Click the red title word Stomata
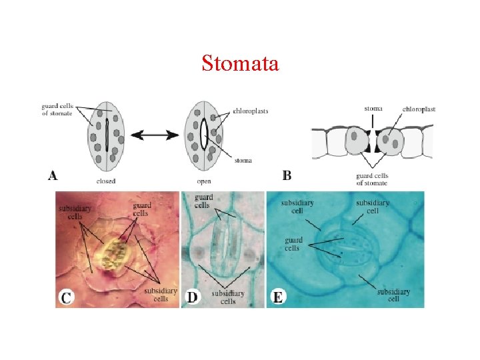[x=240, y=64]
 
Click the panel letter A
[x=53, y=176]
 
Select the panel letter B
[x=287, y=176]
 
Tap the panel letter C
[x=66, y=298]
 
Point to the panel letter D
[x=192, y=298]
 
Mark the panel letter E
[x=278, y=298]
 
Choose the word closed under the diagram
[x=106, y=181]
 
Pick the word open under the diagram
[x=204, y=181]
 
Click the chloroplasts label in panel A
[x=251, y=111]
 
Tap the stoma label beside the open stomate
[x=243, y=160]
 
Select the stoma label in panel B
[x=373, y=108]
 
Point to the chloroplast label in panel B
[x=419, y=108]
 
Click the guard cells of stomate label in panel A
[x=57, y=109]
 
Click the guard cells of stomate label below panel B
[x=372, y=179]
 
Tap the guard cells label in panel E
[x=293, y=244]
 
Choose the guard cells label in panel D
[x=204, y=201]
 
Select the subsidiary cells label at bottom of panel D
[x=228, y=297]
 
